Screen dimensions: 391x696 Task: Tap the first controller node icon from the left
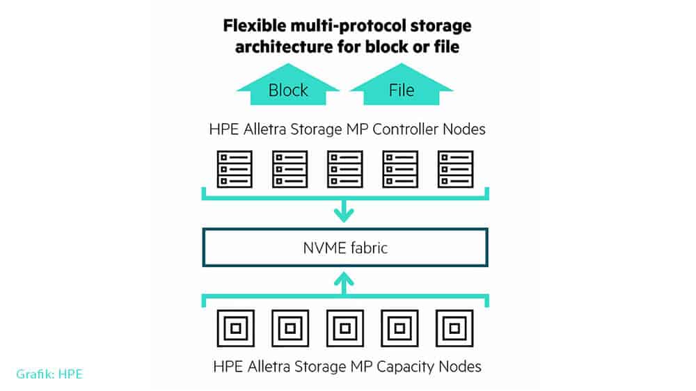point(235,169)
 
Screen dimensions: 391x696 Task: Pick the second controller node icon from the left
point(290,169)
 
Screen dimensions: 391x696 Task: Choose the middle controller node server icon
point(345,169)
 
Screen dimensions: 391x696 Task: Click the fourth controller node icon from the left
point(400,169)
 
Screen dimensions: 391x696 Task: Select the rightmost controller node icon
point(455,169)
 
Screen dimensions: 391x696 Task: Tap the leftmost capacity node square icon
point(235,328)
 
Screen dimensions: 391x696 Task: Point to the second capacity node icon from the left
point(290,328)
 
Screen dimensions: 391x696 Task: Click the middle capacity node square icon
point(345,328)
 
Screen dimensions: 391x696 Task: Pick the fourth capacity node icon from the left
point(400,328)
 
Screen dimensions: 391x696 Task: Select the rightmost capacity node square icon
point(455,328)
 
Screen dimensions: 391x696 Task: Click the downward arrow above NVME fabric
point(345,211)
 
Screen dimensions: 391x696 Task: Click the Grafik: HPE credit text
point(49,374)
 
